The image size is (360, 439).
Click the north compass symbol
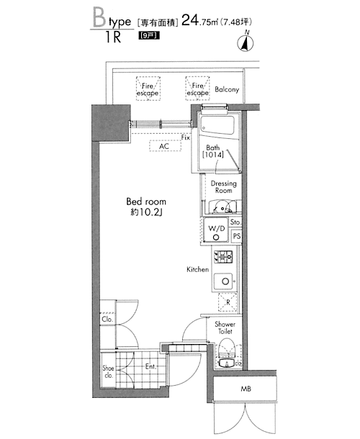click(246, 42)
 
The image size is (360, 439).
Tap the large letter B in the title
click(99, 18)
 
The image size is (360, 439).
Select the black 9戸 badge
click(149, 35)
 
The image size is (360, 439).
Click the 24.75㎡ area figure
click(199, 20)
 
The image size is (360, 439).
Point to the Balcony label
click(227, 89)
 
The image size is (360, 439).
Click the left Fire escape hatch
click(148, 89)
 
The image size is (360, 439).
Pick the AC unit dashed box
click(166, 146)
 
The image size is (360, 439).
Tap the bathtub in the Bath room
click(217, 125)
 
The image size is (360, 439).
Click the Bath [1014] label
click(213, 151)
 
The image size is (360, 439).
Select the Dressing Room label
click(224, 186)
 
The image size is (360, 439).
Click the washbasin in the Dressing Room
click(222, 207)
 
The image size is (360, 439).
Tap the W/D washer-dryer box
click(216, 231)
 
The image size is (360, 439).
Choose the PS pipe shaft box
click(237, 236)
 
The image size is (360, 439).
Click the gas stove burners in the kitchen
click(223, 256)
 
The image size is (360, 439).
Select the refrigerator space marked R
click(228, 302)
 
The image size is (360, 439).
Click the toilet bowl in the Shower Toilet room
click(228, 348)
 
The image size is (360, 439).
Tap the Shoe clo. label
click(109, 371)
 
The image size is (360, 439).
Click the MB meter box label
click(246, 389)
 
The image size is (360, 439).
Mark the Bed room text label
click(146, 202)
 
